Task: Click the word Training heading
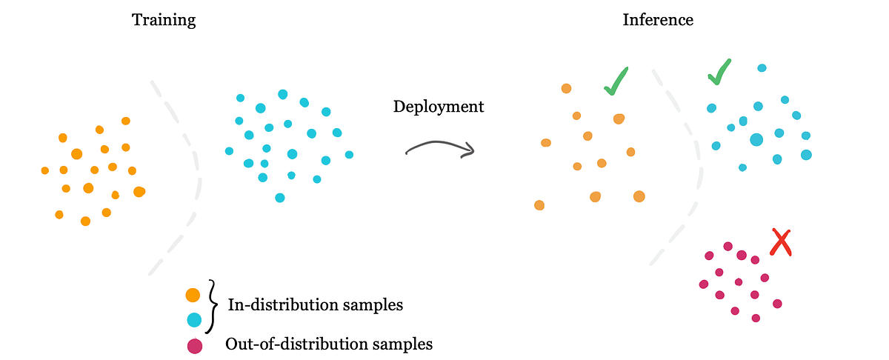164,20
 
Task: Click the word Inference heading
658,20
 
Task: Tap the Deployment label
438,107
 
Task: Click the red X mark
780,242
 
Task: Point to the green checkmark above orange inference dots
616,81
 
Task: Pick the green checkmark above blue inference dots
719,71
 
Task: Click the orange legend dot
193,295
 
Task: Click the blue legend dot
193,320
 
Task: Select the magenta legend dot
193,345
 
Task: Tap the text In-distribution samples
315,304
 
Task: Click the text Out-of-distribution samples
329,344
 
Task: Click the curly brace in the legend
213,307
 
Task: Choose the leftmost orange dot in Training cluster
45,170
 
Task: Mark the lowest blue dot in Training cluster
279,198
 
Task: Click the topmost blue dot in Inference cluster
762,68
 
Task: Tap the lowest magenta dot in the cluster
756,318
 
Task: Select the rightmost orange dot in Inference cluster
639,196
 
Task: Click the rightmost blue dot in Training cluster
349,155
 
